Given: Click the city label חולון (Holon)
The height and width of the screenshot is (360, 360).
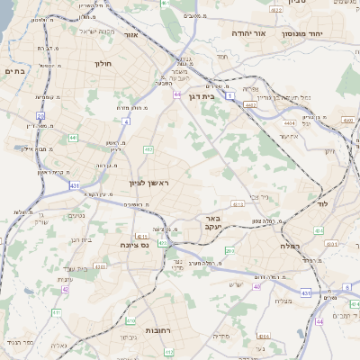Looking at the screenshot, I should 103,64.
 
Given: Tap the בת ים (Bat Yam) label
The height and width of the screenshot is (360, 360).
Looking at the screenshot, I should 14,70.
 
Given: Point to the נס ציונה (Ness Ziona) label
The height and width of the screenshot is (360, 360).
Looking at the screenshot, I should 134,244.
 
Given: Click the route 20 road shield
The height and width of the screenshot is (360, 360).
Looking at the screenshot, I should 40,115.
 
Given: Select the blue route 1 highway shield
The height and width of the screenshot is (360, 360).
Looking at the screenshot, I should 229,94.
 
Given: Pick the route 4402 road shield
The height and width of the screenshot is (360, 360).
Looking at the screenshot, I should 250,104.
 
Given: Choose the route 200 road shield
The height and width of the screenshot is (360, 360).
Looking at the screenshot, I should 229,250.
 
